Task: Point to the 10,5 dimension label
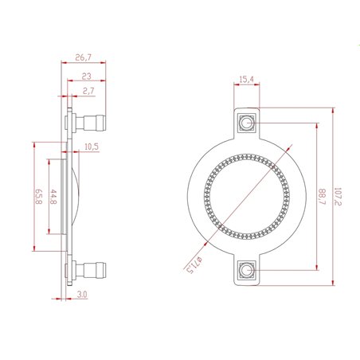pos(91,147)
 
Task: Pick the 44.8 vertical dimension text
pos(53,195)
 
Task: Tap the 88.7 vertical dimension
pos(321,195)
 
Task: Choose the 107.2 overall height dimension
pos(338,195)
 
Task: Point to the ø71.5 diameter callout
pos(191,259)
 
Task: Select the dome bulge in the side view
pos(74,196)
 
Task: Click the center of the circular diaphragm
pos(246,196)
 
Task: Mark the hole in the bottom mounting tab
pos(246,271)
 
